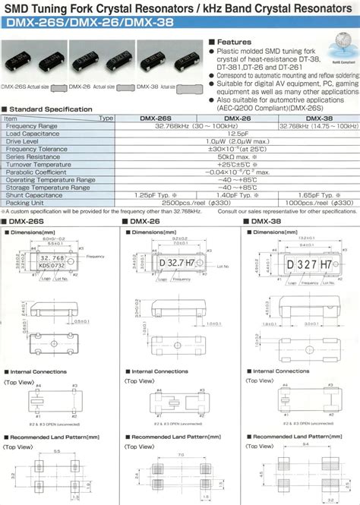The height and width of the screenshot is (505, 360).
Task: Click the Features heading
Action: (x=232, y=43)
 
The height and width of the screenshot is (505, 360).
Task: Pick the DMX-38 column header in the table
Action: (x=317, y=118)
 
